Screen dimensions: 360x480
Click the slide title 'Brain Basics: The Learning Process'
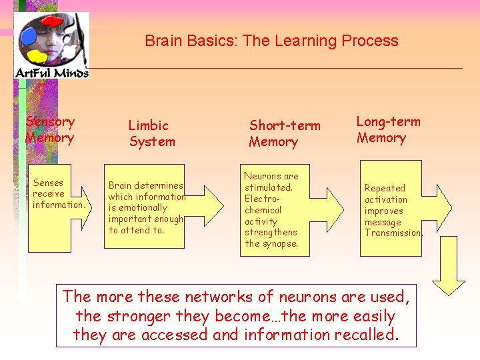[271, 41]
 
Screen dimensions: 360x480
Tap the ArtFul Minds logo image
[51, 45]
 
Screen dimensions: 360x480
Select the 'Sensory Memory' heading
[50, 130]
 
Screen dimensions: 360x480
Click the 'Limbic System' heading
[152, 133]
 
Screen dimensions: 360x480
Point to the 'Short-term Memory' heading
[285, 133]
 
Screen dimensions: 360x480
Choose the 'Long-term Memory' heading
[388, 130]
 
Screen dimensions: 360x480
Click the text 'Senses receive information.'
[59, 194]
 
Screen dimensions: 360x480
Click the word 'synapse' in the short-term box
[281, 243]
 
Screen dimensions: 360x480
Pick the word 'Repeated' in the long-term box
[385, 189]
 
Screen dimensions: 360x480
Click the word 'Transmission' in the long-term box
[393, 233]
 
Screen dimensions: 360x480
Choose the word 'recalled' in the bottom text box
[366, 335]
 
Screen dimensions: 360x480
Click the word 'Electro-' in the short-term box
[262, 199]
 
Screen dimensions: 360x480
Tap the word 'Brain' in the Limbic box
[120, 186]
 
